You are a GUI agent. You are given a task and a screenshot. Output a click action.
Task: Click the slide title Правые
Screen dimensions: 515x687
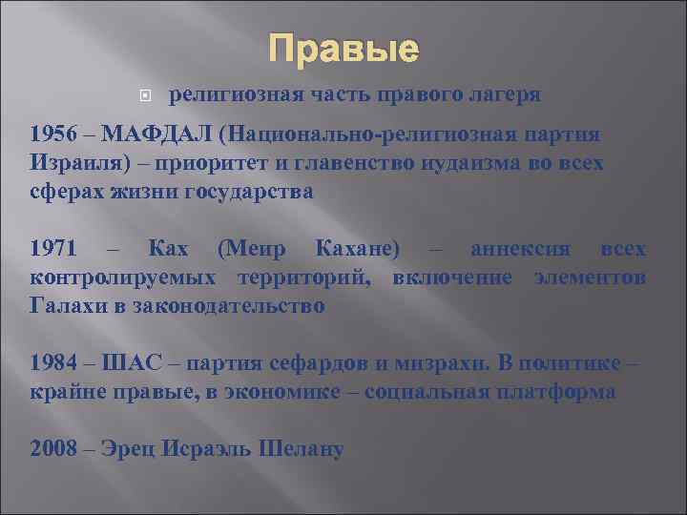click(x=343, y=49)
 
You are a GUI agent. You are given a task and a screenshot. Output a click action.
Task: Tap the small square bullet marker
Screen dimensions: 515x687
click(x=143, y=96)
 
